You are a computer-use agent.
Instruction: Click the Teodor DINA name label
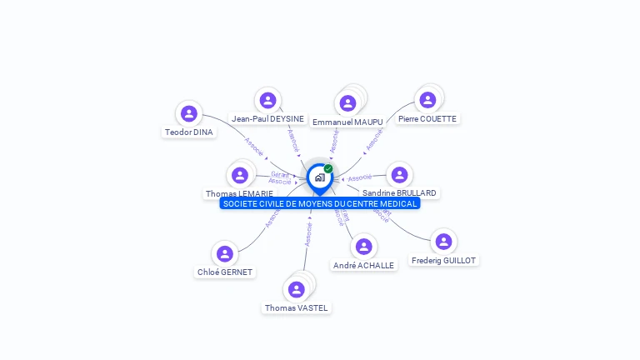click(189, 132)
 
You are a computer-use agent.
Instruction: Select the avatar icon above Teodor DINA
click(189, 113)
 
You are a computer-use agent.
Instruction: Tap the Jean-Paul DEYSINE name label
click(267, 119)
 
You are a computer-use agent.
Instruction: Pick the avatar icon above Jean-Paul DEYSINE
click(267, 101)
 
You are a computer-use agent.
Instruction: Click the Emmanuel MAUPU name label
click(347, 122)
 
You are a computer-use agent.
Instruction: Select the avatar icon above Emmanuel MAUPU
click(347, 103)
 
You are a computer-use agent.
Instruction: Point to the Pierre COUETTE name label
click(427, 119)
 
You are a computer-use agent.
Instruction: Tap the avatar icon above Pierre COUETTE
click(427, 100)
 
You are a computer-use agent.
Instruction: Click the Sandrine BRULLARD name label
click(399, 193)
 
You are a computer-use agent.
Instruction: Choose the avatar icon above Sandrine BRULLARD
click(399, 174)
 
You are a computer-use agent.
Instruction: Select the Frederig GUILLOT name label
click(443, 261)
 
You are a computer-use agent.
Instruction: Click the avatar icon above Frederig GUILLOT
click(443, 242)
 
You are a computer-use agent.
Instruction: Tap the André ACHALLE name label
click(363, 265)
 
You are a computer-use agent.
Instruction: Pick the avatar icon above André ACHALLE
click(363, 247)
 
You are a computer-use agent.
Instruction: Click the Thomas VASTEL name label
click(297, 308)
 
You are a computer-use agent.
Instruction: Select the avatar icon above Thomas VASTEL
click(296, 289)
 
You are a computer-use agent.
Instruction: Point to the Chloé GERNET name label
click(225, 272)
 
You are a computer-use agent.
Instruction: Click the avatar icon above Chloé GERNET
click(224, 253)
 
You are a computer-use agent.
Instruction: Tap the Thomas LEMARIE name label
click(239, 194)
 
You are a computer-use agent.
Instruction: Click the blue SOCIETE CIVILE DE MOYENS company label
click(320, 203)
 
